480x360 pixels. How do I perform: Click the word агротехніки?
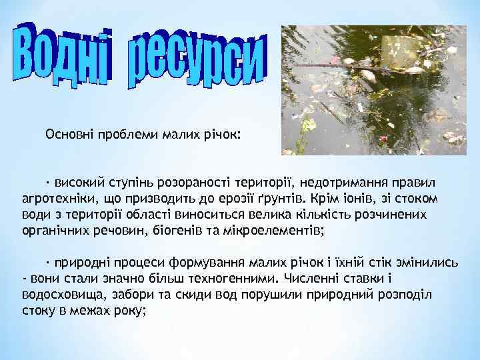[x=53, y=199]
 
